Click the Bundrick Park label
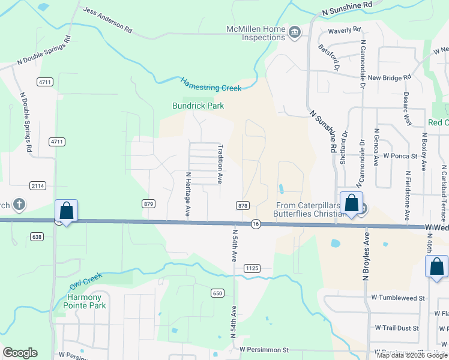pyautogui.click(x=198, y=106)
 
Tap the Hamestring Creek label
pyautogui.click(x=211, y=84)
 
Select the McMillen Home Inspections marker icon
pyautogui.click(x=294, y=32)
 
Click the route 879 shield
pyautogui.click(x=149, y=204)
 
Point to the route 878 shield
pyautogui.click(x=243, y=206)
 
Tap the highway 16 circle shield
pyautogui.click(x=256, y=223)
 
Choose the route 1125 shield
pyautogui.click(x=252, y=269)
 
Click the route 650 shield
pyautogui.click(x=217, y=293)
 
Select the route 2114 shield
pyautogui.click(x=38, y=186)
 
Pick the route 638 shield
pyautogui.click(x=37, y=236)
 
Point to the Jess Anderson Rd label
pyautogui.click(x=107, y=19)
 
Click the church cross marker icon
pyautogui.click(x=19, y=205)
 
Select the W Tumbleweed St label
pyautogui.click(x=397, y=298)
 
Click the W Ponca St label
pyautogui.click(x=400, y=156)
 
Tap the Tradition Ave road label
pyautogui.click(x=220, y=162)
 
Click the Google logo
pyautogui.click(x=20, y=353)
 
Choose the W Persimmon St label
pyautogui.click(x=264, y=349)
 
